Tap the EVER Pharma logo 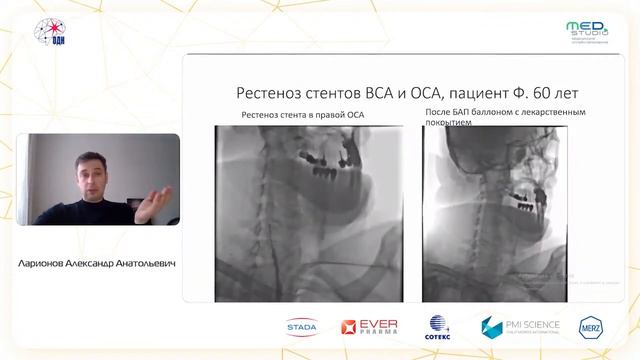[x=371, y=327]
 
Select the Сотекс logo [x=439, y=327]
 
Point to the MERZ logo [x=593, y=327]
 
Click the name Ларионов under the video [x=49, y=265]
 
